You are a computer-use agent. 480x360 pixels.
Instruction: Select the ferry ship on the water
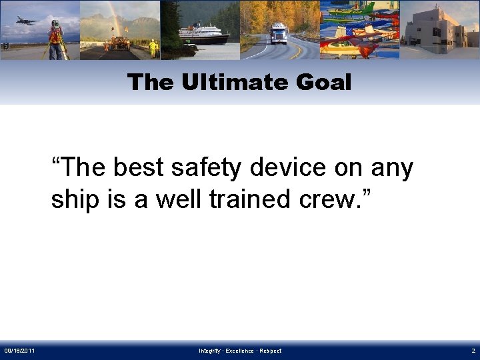tap(203, 35)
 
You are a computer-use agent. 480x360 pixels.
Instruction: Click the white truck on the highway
tap(278, 34)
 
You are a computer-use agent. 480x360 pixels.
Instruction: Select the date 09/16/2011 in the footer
tap(20, 351)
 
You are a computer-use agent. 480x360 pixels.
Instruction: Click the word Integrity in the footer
tap(209, 351)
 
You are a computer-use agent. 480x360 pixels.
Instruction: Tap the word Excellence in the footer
tap(239, 351)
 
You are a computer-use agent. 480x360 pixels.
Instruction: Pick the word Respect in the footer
tap(270, 351)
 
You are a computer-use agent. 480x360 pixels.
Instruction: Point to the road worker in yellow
tap(153, 48)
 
